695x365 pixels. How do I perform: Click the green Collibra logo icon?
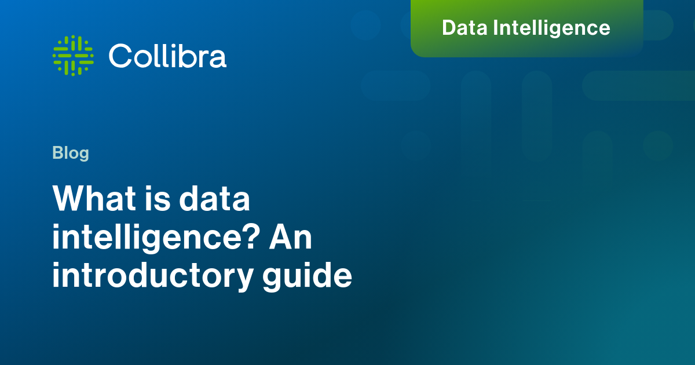(x=73, y=56)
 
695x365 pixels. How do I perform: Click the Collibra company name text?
(x=167, y=56)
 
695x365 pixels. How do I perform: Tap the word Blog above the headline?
(x=71, y=153)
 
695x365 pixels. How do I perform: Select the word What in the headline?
(x=94, y=198)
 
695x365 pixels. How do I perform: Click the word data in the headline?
(x=214, y=198)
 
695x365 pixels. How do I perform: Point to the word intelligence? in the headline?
(x=156, y=238)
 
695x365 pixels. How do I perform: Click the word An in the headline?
(x=290, y=238)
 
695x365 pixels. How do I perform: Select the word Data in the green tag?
(x=464, y=28)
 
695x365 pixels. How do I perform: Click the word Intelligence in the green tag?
(x=551, y=28)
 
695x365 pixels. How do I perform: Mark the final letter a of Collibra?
(x=218, y=59)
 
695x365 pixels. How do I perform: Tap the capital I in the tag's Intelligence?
(x=495, y=28)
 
